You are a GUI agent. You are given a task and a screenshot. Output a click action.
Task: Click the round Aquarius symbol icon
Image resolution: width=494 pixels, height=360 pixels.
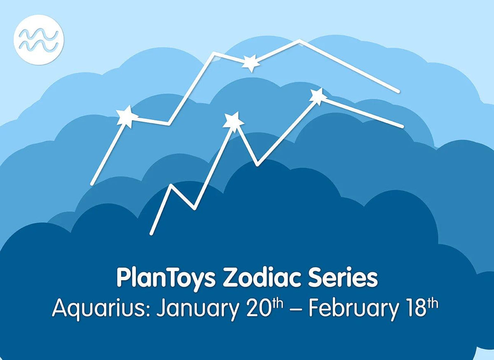tap(39, 40)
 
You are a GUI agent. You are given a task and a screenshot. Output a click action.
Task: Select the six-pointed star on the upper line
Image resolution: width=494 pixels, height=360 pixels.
tap(250, 63)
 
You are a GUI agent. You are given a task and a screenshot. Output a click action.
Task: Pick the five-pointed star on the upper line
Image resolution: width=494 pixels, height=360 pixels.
tap(127, 117)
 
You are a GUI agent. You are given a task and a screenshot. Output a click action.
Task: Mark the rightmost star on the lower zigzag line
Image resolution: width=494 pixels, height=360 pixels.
tap(318, 96)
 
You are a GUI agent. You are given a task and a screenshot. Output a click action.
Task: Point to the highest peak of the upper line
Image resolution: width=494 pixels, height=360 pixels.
tap(299, 40)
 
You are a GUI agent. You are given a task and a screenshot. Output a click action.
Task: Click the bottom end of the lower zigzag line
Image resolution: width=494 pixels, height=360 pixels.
tap(152, 233)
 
